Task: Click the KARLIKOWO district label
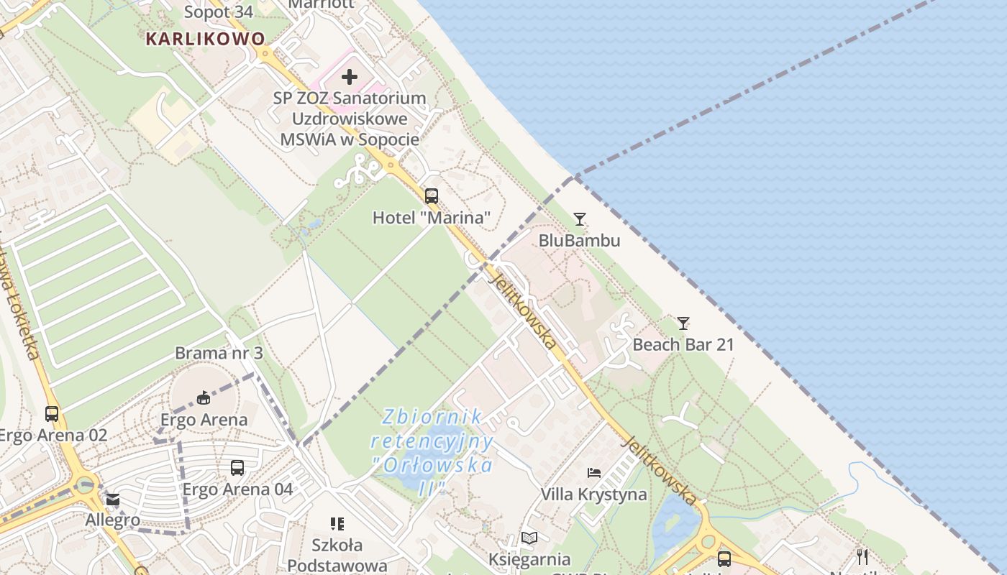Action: tap(205, 39)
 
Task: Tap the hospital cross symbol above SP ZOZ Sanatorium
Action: tap(350, 77)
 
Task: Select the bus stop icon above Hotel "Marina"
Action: tap(432, 195)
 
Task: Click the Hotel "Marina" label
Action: tap(432, 217)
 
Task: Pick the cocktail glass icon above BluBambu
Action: tap(580, 218)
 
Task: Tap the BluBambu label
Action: tap(579, 240)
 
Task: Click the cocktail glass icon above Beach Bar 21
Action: tap(683, 323)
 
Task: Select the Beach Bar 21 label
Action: tap(683, 344)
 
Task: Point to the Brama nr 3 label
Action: tap(219, 353)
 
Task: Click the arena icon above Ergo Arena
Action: tap(204, 397)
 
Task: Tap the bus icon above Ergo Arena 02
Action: tap(52, 414)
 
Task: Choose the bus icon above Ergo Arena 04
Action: tap(237, 468)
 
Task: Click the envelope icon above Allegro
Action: tap(113, 500)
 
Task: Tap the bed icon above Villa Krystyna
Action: tap(594, 473)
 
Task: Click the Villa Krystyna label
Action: tap(593, 494)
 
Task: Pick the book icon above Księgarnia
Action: tap(529, 538)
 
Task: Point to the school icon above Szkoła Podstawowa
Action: tap(337, 523)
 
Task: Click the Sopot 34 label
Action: tap(219, 12)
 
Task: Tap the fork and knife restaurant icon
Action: tap(862, 556)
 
